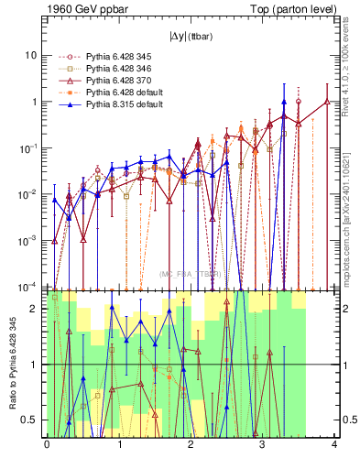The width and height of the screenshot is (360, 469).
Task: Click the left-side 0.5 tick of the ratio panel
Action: tap(32, 420)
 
